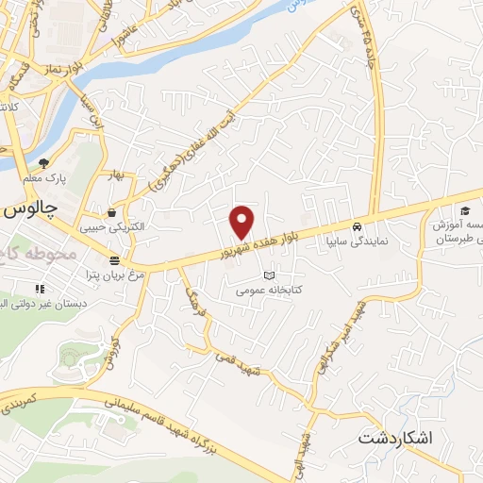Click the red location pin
pyautogui.click(x=243, y=222)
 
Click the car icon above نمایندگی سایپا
pyautogui.click(x=357, y=227)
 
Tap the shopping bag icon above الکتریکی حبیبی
pyautogui.click(x=112, y=212)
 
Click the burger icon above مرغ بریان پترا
pyautogui.click(x=114, y=260)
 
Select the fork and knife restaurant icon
pyautogui.click(x=40, y=288)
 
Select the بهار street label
pyautogui.click(x=116, y=176)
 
